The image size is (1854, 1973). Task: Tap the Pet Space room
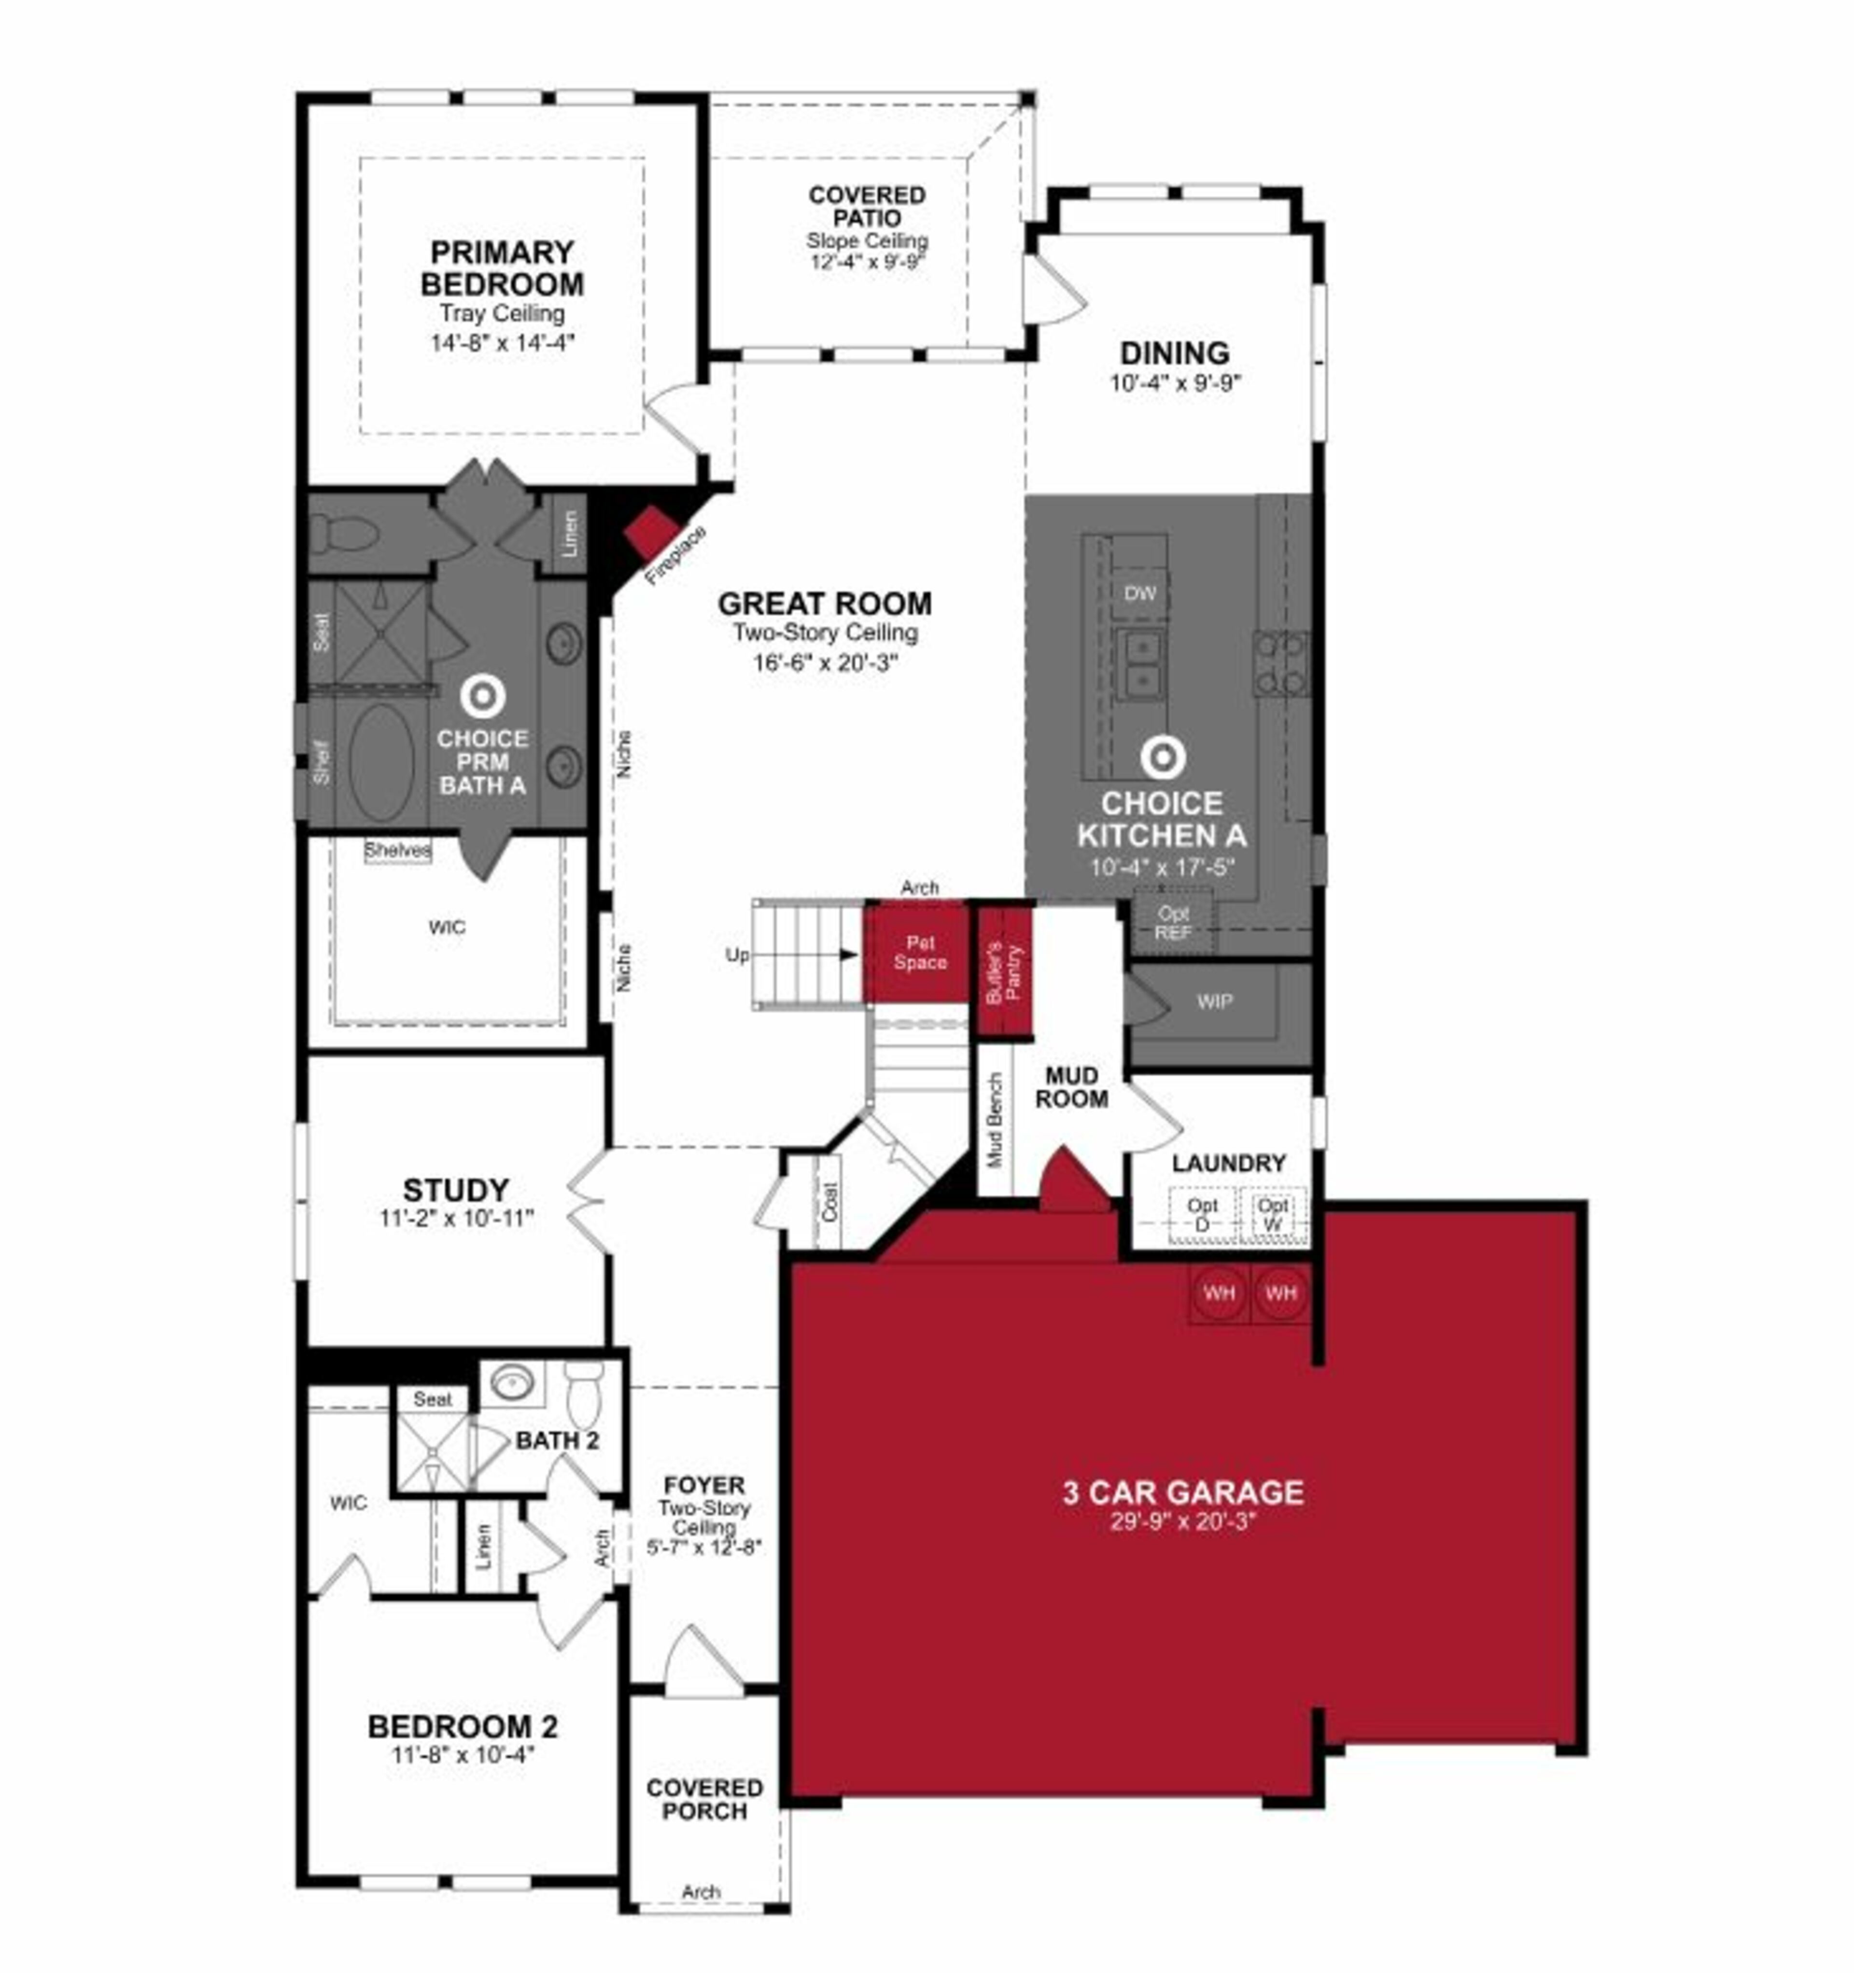(x=919, y=953)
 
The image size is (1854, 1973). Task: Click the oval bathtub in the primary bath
(x=381, y=763)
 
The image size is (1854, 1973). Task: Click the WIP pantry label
(x=1214, y=1001)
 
